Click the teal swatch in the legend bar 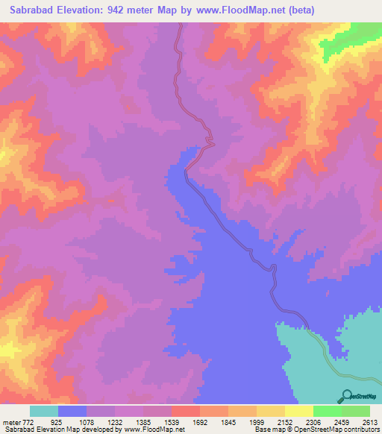[44, 412]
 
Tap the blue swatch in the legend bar [72, 412]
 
